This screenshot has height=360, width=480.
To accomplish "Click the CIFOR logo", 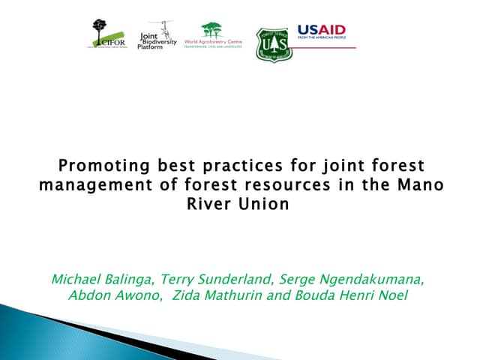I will tap(109, 34).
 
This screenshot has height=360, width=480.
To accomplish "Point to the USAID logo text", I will tap(321, 28).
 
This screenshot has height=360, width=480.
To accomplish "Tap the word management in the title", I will tap(84, 184).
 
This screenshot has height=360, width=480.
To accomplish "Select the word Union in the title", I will tap(265, 204).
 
